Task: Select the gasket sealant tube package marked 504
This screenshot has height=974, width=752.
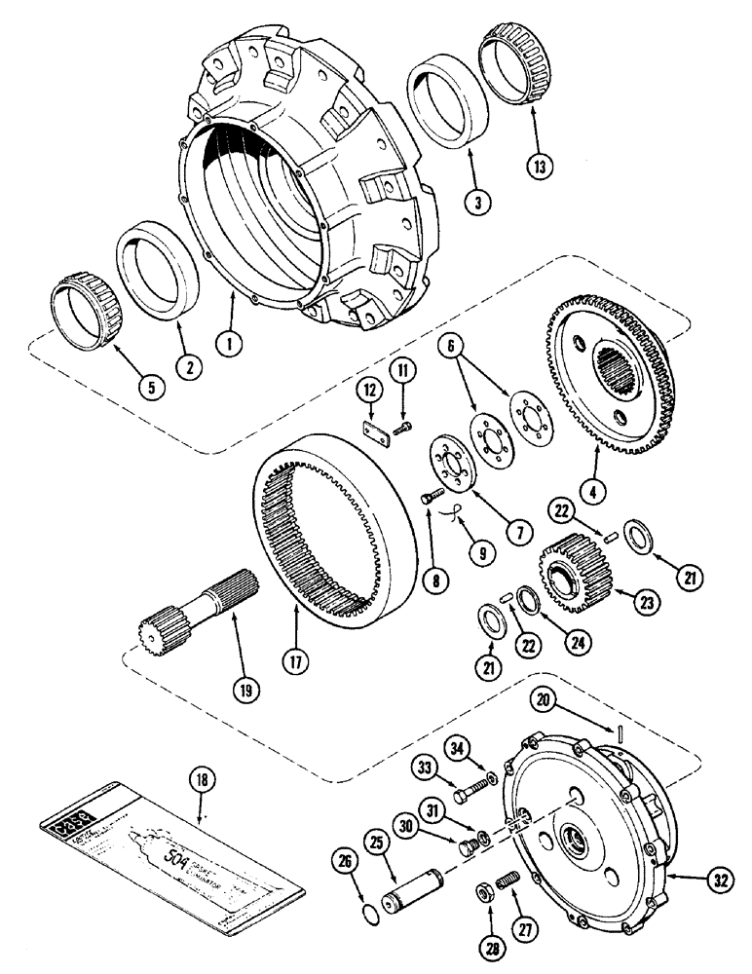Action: [x=170, y=855]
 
